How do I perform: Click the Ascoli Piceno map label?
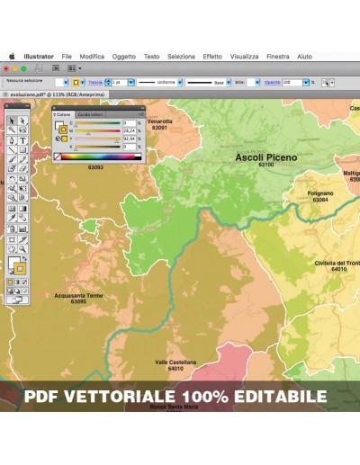point(265,156)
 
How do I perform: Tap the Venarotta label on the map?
point(159,121)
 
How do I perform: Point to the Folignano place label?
point(319,193)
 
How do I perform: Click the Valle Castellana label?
point(175,362)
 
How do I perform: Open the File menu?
point(67,56)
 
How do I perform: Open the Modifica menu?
point(92,56)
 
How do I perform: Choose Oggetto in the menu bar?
point(124,56)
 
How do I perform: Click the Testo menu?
point(151,56)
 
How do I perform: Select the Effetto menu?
point(212,56)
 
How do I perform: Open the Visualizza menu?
point(244,56)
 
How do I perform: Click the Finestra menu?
point(278,56)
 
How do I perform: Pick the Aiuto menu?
point(304,56)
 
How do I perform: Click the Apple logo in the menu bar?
point(13,56)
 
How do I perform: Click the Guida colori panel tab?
point(90,115)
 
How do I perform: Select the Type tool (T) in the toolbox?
point(22,140)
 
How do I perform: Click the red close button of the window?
point(6,67)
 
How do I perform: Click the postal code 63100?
point(265,165)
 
